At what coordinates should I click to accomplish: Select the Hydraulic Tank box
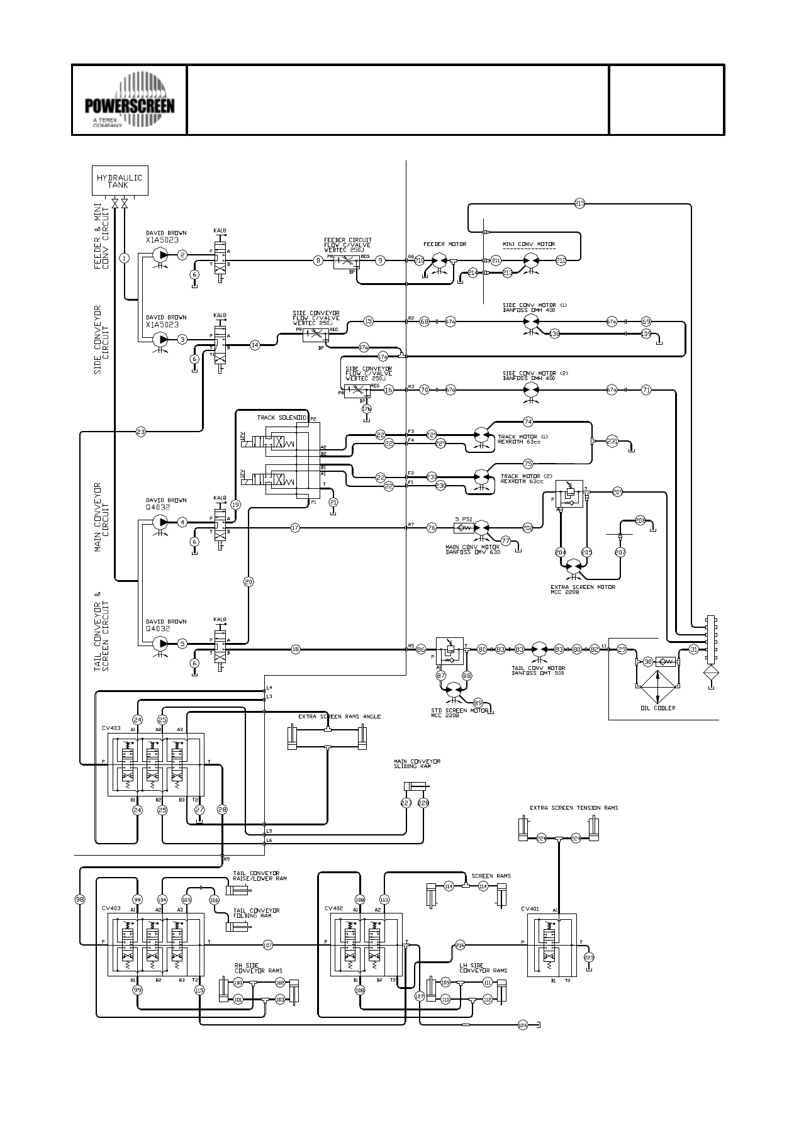[120, 181]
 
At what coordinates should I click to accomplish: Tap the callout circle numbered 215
[579, 203]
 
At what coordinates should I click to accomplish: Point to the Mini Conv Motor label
[528, 243]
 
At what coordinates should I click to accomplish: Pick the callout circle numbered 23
[141, 432]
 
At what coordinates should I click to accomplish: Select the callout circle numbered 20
[249, 582]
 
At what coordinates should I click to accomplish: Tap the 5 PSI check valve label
[463, 519]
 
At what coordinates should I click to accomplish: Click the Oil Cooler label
[657, 708]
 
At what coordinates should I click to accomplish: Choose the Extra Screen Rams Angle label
[339, 717]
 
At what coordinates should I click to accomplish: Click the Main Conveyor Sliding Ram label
[417, 764]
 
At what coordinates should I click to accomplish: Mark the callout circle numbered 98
[80, 900]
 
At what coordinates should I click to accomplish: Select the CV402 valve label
[333, 908]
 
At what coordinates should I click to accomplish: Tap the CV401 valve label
[530, 908]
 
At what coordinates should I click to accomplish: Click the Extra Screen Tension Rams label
[574, 808]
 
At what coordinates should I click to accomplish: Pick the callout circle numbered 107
[267, 944]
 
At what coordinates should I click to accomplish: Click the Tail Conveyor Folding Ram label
[256, 913]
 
